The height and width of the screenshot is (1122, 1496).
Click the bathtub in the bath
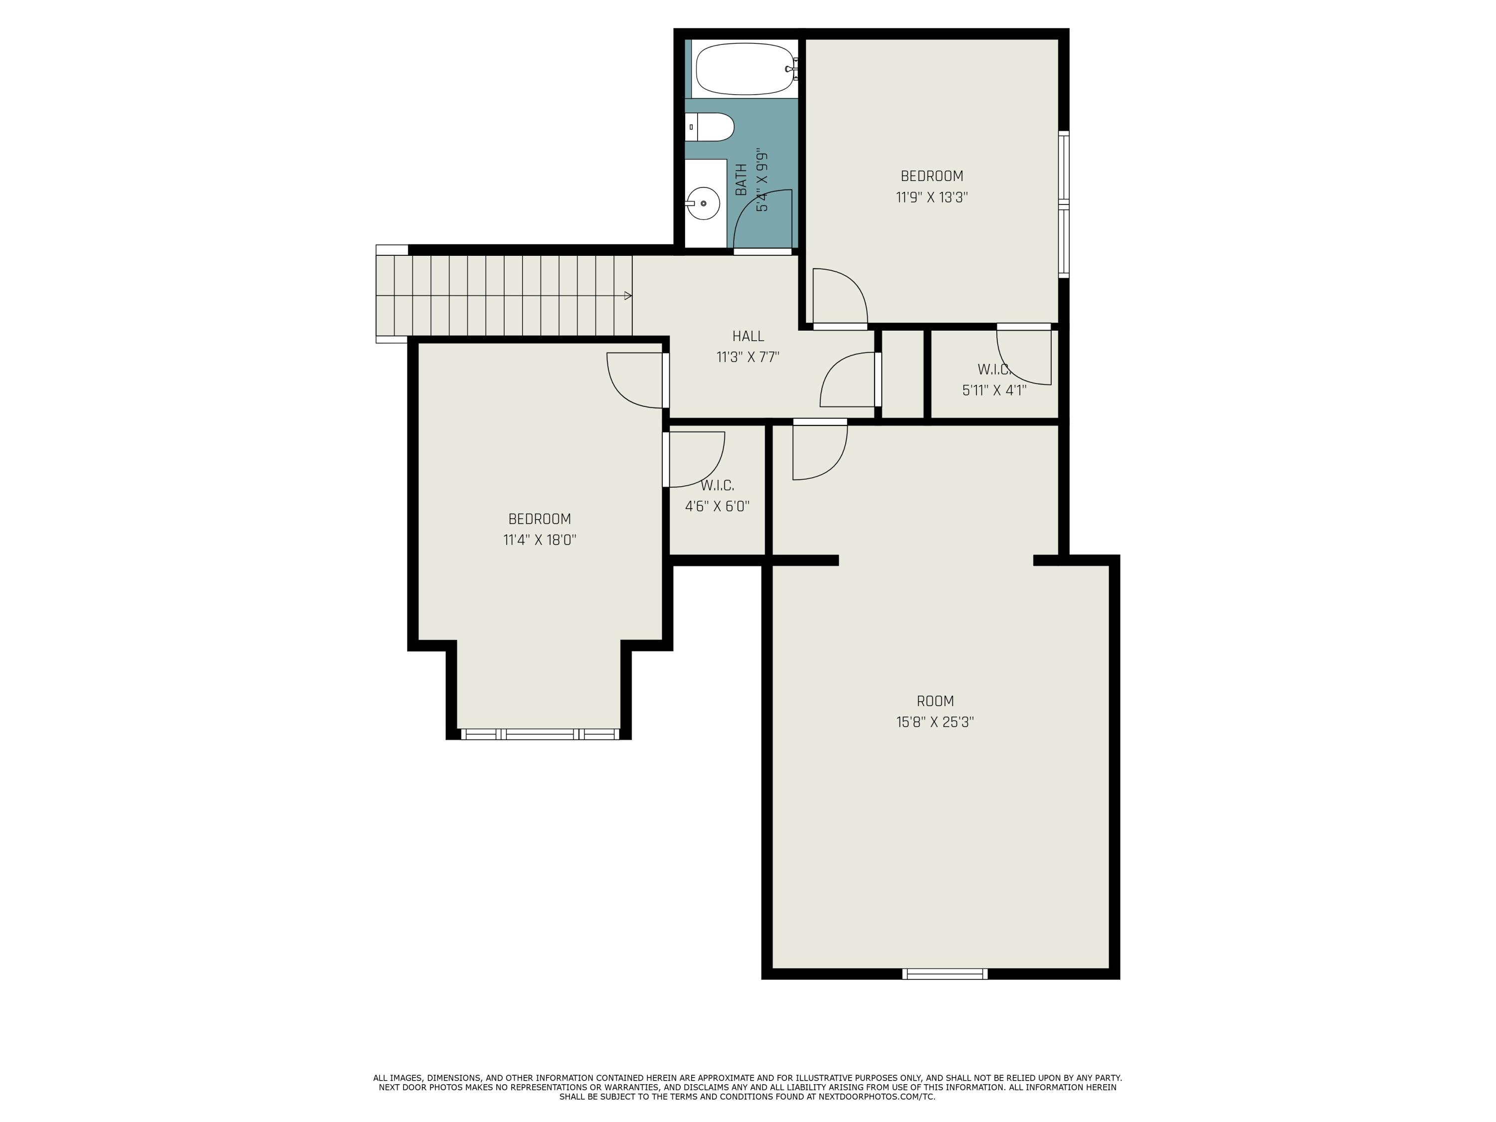click(744, 69)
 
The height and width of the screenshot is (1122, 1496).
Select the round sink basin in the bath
click(703, 203)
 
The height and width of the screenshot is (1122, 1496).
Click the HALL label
click(748, 336)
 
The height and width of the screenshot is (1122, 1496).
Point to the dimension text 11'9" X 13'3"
click(932, 197)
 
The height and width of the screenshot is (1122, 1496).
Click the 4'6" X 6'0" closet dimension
click(717, 507)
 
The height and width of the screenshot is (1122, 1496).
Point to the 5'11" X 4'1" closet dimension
click(994, 390)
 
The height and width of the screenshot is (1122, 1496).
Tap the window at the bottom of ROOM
click(945, 974)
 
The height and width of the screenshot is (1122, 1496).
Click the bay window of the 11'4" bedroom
click(540, 735)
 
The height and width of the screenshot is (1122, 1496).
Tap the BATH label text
click(741, 180)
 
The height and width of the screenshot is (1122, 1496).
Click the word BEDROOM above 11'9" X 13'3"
click(932, 177)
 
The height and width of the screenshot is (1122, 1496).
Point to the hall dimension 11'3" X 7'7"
click(748, 357)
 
